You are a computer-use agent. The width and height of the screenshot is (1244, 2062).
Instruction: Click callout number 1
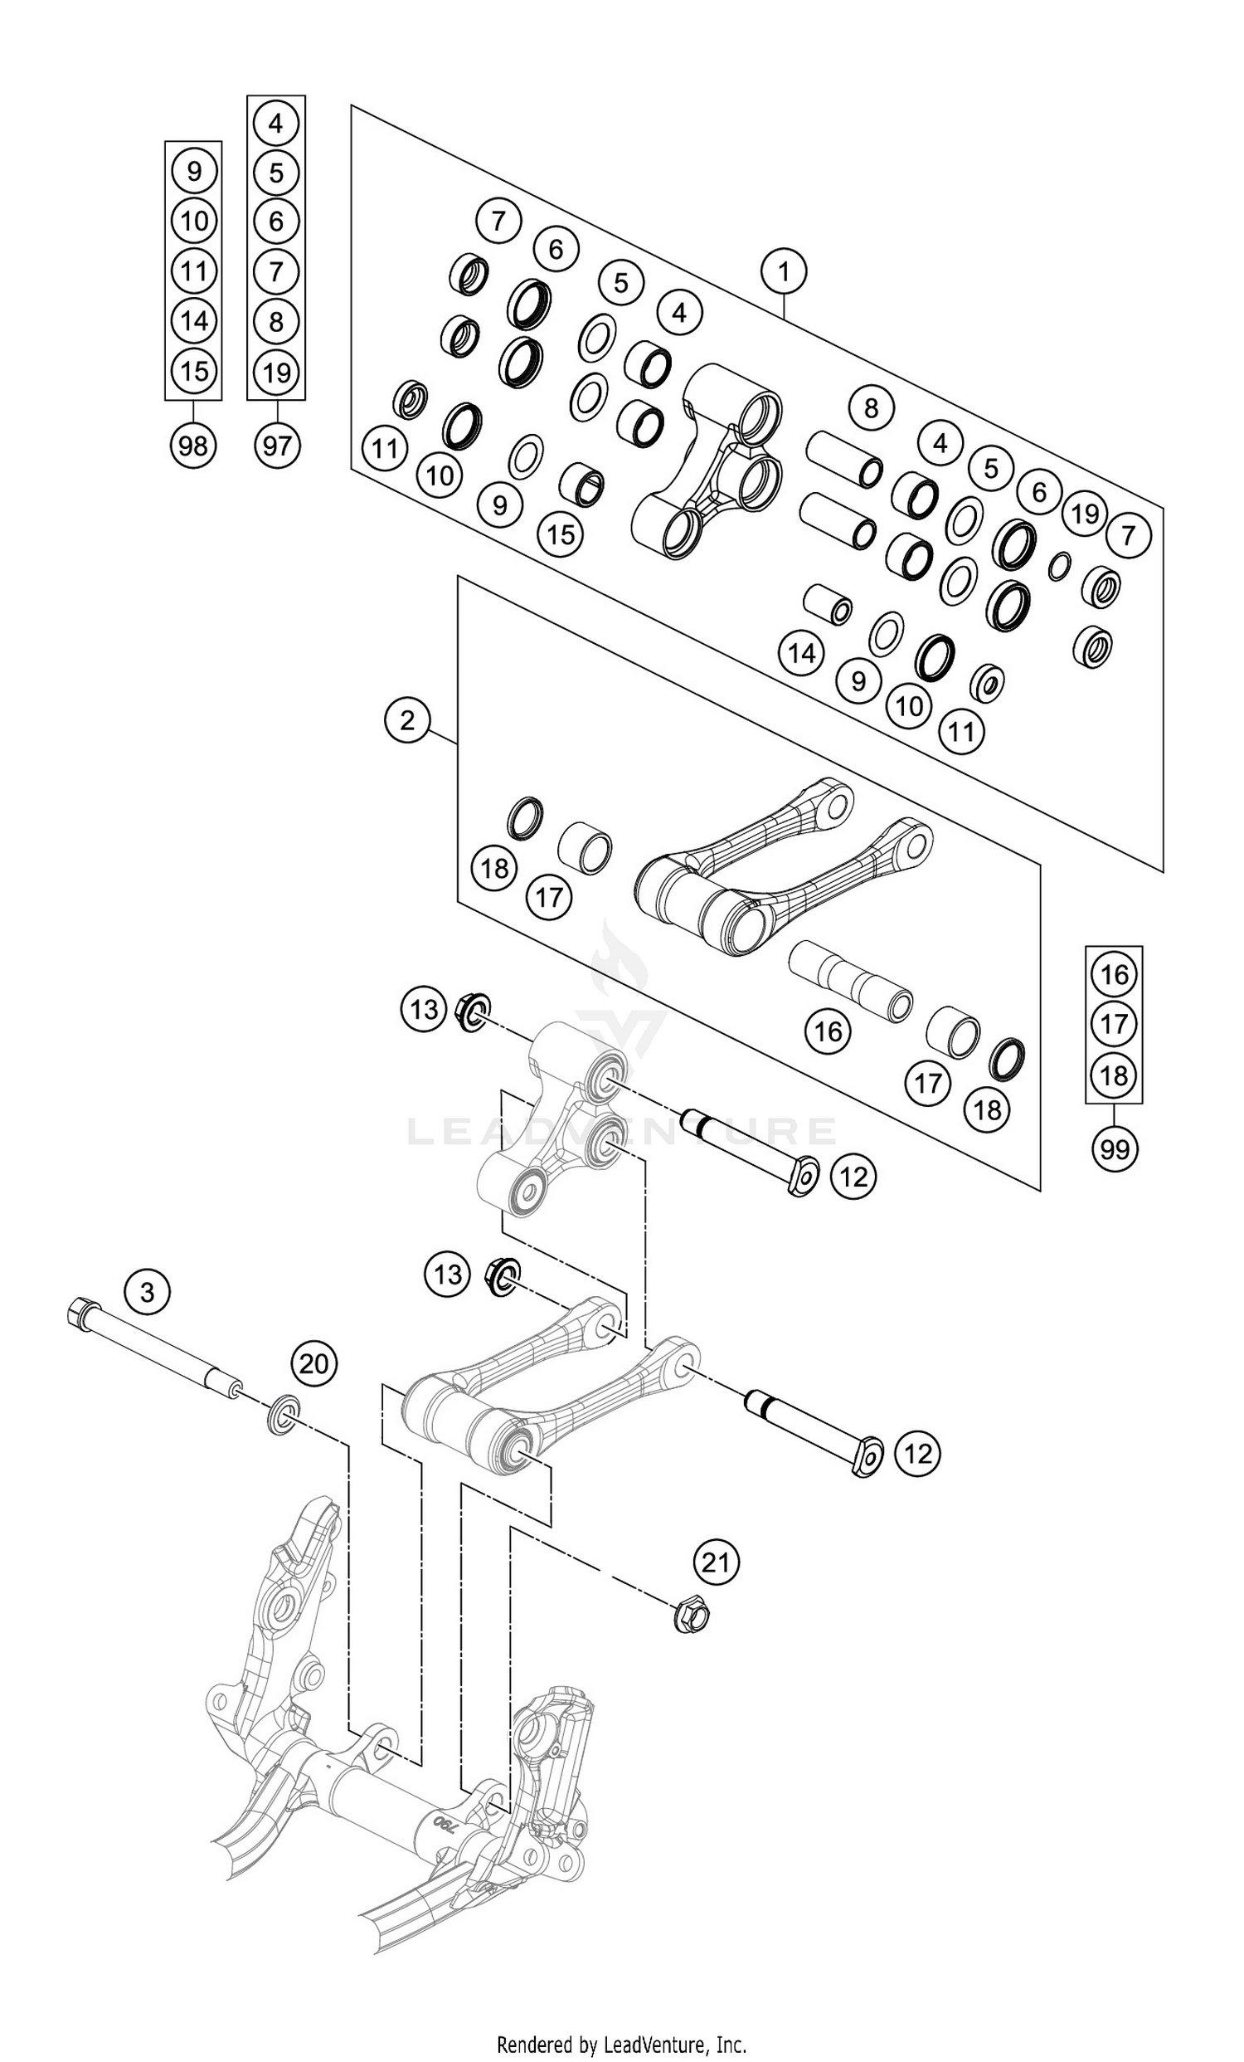tap(783, 271)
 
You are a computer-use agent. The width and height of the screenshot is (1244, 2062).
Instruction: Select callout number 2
tap(407, 719)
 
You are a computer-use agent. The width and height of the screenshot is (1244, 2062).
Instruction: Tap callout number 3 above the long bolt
tap(148, 1291)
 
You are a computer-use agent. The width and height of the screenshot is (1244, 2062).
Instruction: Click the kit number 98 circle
tap(193, 446)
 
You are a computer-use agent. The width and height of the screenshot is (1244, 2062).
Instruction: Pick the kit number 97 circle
tap(277, 446)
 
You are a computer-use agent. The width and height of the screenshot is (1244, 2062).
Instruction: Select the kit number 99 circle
tap(1115, 1149)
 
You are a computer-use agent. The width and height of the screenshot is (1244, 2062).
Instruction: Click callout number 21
tap(716, 1561)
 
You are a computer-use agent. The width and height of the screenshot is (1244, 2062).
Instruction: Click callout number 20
tap(313, 1364)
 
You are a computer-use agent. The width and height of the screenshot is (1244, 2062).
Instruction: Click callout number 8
tap(871, 408)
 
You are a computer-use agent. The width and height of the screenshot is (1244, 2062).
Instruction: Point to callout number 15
tap(561, 534)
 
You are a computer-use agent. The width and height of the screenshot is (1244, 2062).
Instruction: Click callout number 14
tap(801, 653)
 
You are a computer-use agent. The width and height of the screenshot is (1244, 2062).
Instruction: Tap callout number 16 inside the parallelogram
tap(829, 1031)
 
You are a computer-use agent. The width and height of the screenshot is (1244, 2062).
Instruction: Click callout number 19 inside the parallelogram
tap(1085, 514)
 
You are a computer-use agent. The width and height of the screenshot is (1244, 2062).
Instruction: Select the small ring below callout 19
tap(1058, 566)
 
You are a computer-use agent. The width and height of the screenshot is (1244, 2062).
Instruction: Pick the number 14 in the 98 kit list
tap(194, 320)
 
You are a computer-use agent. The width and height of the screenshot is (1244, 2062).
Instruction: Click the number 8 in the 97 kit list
tap(276, 321)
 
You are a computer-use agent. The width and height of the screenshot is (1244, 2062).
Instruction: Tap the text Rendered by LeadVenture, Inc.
tap(621, 2039)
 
